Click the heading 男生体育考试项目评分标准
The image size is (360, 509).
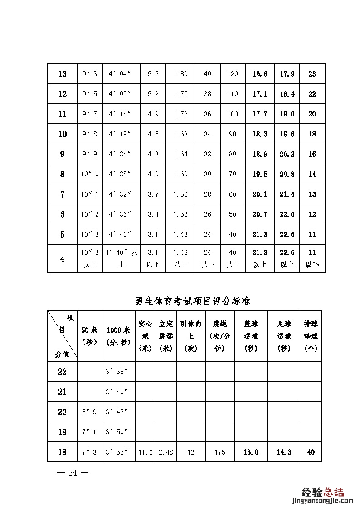tap(193, 301)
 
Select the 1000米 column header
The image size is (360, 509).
tap(118, 336)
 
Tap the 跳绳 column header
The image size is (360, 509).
tap(220, 336)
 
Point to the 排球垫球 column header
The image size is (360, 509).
tap(311, 336)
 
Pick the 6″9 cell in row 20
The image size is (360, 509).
tap(89, 412)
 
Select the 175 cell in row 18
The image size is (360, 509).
tap(220, 452)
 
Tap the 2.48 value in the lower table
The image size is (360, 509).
tap(166, 452)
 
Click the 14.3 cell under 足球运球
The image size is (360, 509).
tap(284, 452)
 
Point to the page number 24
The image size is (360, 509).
tap(73, 473)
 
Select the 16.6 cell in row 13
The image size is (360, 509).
tap(260, 74)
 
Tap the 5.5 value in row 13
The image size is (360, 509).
tap(153, 74)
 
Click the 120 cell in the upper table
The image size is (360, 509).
tap(233, 74)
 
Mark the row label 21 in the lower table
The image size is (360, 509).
tap(62, 392)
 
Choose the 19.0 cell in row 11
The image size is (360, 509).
tap(287, 114)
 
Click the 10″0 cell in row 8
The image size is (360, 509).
tap(89, 174)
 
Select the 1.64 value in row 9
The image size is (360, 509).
tap(180, 154)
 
